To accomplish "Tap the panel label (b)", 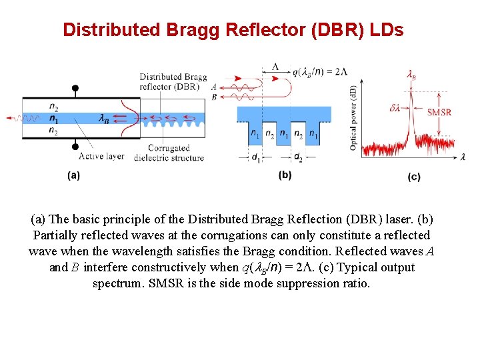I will point(285,175).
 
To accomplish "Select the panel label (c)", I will point(414,177).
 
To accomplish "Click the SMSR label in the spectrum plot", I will point(439,111).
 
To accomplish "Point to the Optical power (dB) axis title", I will point(353,117).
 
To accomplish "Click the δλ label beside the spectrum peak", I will point(395,106).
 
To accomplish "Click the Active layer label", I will point(102,157).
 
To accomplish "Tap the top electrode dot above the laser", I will point(75,88).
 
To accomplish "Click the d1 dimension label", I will point(257,158).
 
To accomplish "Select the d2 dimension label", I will point(298,158).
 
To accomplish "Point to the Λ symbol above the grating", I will point(275,67).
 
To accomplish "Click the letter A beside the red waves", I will point(213,87).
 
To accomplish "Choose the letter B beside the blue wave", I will point(213,97).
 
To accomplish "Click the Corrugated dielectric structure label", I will point(169,153).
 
